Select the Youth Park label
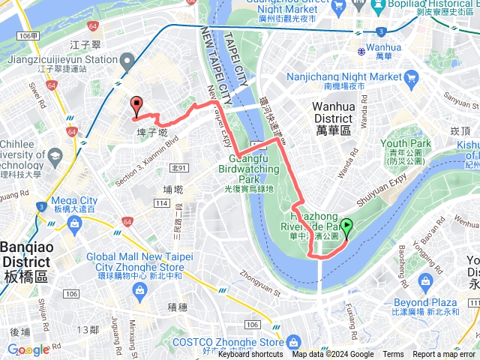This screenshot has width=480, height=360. tap(405, 143)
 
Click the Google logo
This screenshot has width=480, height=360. tap(28, 349)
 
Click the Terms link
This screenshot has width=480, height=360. tap(393, 355)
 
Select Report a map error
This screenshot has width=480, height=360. tap(445, 355)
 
